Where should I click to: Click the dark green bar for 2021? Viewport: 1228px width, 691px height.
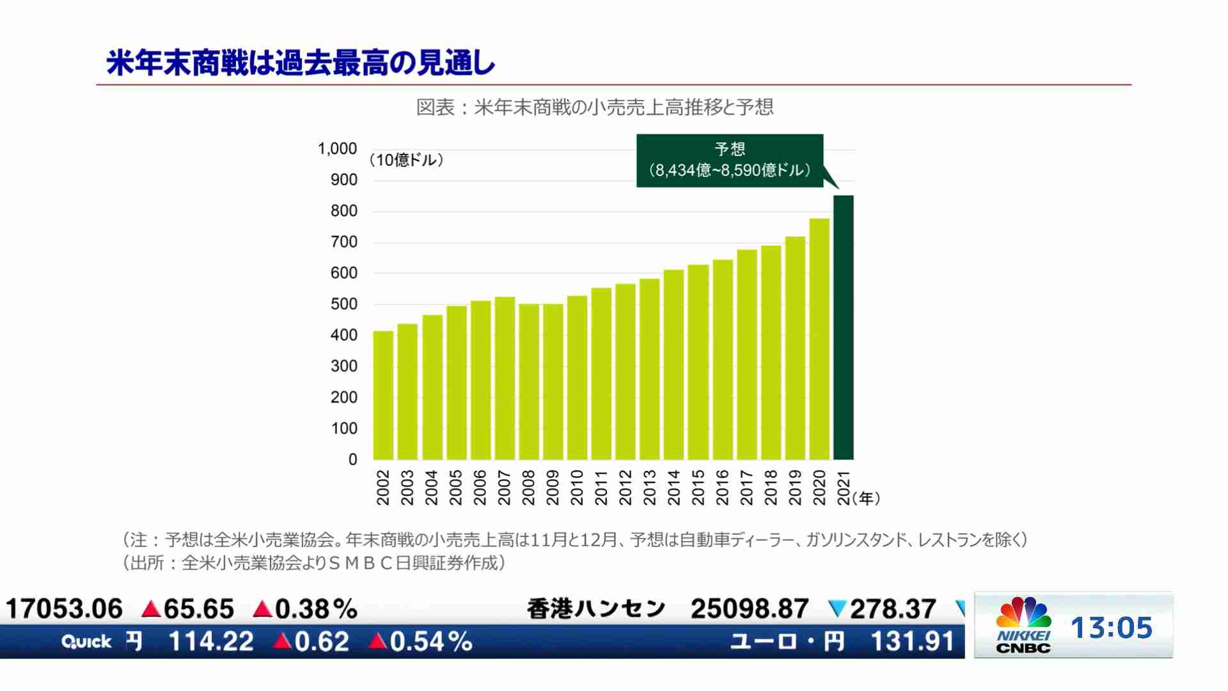843,328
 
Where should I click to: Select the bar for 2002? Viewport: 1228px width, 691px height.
383,395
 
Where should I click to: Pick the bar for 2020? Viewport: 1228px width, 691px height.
819,339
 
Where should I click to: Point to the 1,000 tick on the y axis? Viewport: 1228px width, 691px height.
337,149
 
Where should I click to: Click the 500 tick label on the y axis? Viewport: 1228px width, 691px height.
343,305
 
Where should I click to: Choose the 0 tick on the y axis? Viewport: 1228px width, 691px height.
352,459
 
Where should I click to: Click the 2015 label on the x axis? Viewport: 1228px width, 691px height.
698,488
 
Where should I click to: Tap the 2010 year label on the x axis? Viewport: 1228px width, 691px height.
577,488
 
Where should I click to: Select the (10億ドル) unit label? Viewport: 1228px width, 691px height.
407,160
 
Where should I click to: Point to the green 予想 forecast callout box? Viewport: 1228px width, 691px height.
730,160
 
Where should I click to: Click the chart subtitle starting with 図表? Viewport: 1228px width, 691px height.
595,107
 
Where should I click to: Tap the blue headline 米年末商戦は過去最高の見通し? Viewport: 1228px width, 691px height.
301,63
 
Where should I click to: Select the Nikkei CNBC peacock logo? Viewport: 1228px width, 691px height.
1023,613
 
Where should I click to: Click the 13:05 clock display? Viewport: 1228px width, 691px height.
1112,628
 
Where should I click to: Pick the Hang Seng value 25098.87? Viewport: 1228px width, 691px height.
750,608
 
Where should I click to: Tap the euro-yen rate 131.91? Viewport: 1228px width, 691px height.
912,641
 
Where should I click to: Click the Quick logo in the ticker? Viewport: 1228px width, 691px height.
86,642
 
